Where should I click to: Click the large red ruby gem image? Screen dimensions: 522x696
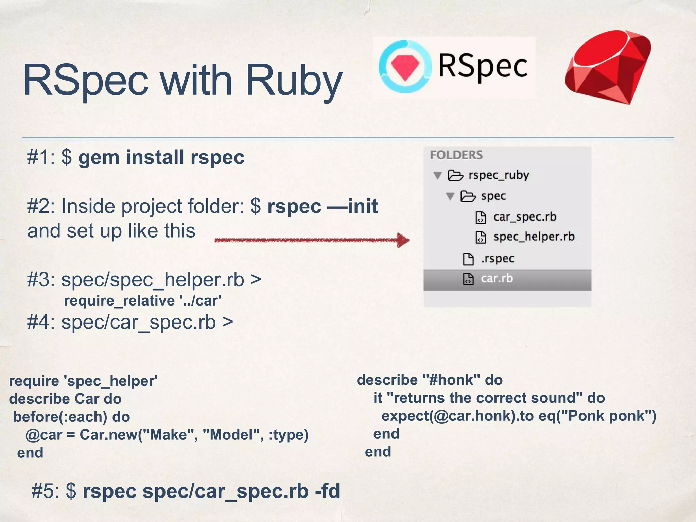[x=608, y=68]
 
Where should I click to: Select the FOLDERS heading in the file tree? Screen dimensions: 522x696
[x=456, y=155]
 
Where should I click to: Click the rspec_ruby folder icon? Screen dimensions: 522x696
[x=455, y=175]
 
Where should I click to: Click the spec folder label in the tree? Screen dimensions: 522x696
[x=493, y=196]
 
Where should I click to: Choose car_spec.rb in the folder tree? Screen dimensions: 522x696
[x=524, y=217]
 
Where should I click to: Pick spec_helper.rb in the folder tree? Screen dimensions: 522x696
[x=534, y=237]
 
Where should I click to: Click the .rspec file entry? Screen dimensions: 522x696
[x=497, y=259]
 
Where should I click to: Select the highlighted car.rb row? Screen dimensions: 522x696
[x=507, y=279]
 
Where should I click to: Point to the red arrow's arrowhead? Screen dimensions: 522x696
[x=403, y=240]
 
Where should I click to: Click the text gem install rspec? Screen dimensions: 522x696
[x=161, y=158]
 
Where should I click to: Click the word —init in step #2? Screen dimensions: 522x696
[x=352, y=206]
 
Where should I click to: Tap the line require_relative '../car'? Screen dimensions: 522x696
[x=143, y=301]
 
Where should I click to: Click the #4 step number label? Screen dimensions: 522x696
[x=40, y=322]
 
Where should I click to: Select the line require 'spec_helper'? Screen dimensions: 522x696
[x=83, y=381]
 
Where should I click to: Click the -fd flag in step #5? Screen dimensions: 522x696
[x=327, y=491]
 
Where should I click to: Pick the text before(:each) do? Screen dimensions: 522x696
[x=71, y=417]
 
